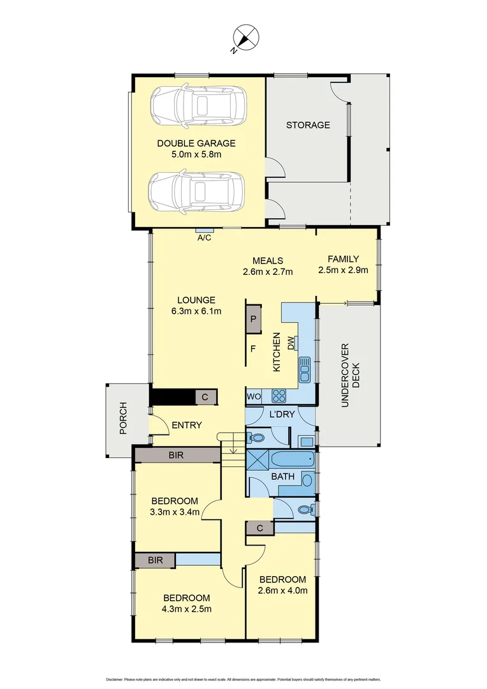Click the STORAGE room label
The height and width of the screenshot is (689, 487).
pyautogui.click(x=308, y=125)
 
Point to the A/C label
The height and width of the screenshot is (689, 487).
pyautogui.click(x=205, y=238)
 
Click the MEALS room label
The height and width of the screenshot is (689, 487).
pyautogui.click(x=268, y=260)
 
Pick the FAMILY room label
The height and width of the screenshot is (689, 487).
pyautogui.click(x=343, y=259)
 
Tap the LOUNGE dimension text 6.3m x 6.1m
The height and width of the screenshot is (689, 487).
pyautogui.click(x=196, y=311)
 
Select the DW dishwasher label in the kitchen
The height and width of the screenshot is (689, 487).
pyautogui.click(x=291, y=343)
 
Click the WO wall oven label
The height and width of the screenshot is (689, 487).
pyautogui.click(x=254, y=396)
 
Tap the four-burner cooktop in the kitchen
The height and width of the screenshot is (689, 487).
pyautogui.click(x=279, y=396)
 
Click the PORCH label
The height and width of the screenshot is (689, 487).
pyautogui.click(x=123, y=418)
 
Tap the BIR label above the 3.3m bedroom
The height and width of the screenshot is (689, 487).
pyautogui.click(x=177, y=455)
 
